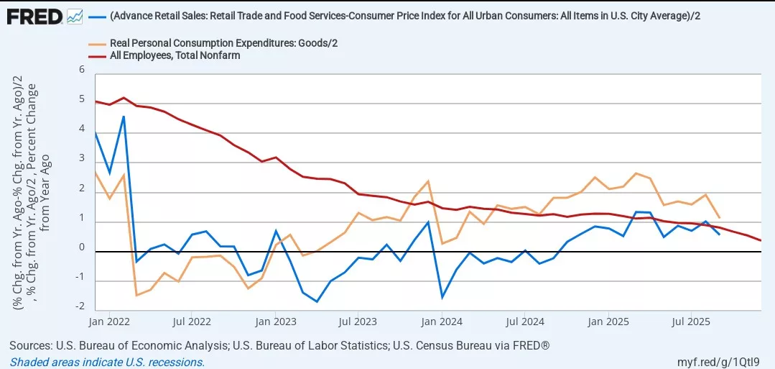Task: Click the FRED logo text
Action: click(34, 15)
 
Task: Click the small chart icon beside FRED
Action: click(75, 15)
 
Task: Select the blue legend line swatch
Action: click(98, 17)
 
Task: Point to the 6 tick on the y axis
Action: click(82, 70)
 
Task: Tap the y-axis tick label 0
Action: click(82, 248)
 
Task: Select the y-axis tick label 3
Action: click(82, 159)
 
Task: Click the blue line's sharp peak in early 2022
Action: click(124, 117)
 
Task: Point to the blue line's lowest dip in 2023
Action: click(317, 301)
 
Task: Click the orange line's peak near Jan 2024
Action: click(428, 181)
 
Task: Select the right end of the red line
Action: click(761, 240)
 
